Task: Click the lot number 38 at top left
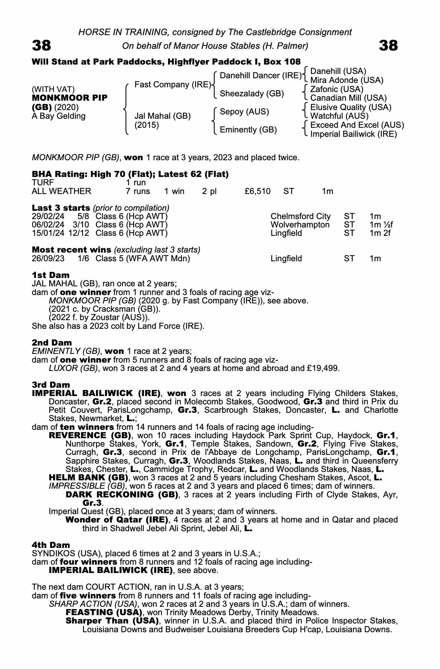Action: pyautogui.click(x=41, y=45)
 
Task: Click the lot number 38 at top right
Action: pyautogui.click(x=388, y=45)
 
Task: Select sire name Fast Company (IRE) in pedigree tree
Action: pyautogui.click(x=173, y=85)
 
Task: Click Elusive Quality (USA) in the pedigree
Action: pyautogui.click(x=351, y=107)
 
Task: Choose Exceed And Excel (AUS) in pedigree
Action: pyautogui.click(x=357, y=125)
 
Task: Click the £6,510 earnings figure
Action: pyautogui.click(x=257, y=191)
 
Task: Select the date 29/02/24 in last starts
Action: pyautogui.click(x=48, y=216)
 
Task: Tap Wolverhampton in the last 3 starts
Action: pyautogui.click(x=300, y=225)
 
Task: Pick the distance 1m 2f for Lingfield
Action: pyautogui.click(x=380, y=233)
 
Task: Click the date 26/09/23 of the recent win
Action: pyautogui.click(x=48, y=259)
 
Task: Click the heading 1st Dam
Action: pyautogui.click(x=51, y=275)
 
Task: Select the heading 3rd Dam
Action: pyautogui.click(x=51, y=385)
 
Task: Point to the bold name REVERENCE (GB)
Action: pyautogui.click(x=90, y=436)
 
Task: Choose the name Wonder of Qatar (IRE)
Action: pyautogui.click(x=117, y=520)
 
